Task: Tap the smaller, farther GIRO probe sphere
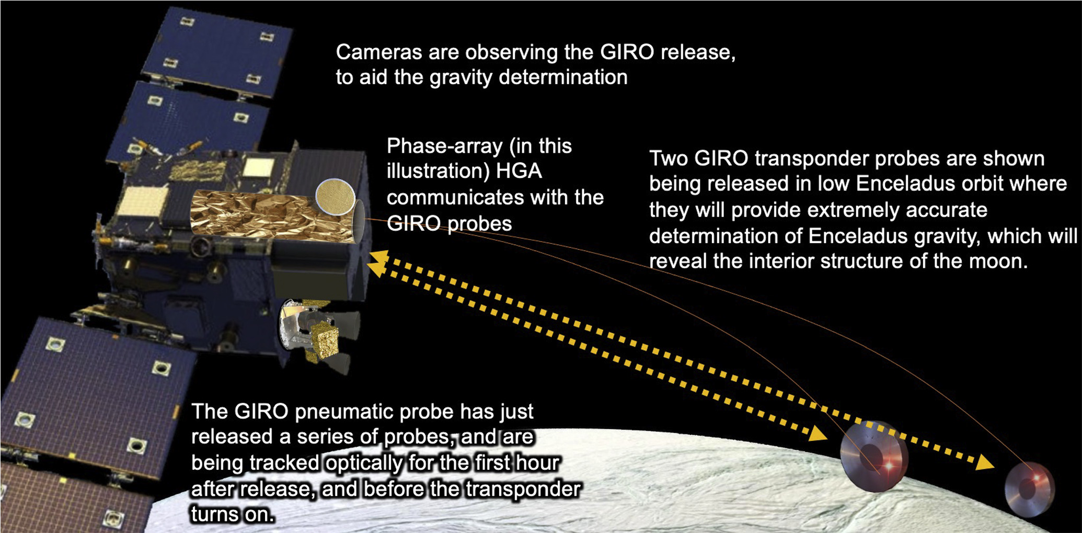point(1029,490)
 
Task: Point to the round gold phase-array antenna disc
point(336,197)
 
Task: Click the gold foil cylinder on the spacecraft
point(272,216)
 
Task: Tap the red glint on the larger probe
point(888,465)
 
